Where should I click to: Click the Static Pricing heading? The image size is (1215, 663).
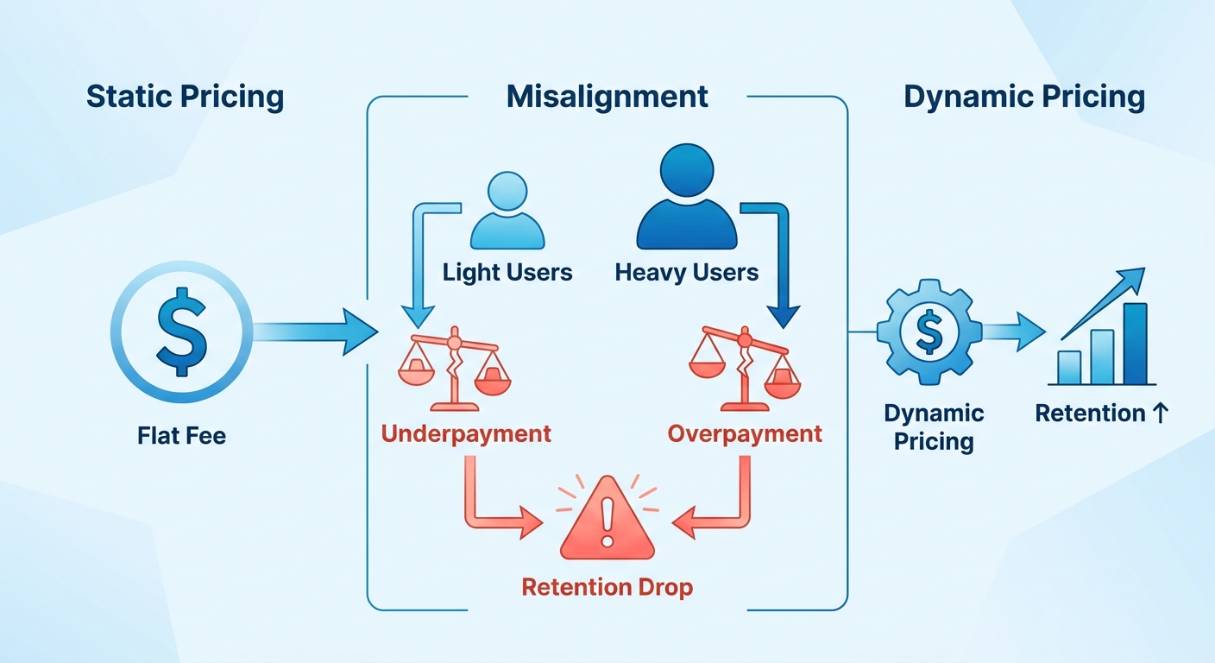pos(185,98)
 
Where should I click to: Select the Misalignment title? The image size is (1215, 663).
pos(607,97)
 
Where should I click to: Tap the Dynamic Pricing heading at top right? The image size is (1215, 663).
pos(1024,98)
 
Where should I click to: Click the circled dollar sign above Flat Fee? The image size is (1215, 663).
pos(182,331)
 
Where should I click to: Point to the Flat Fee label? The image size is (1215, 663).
pos(182,435)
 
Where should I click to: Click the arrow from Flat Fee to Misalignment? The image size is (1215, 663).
pos(316,331)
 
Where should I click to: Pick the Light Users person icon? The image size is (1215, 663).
pos(507,211)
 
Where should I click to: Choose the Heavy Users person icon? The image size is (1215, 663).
pos(687,197)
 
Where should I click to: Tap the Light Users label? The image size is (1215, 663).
pos(507,272)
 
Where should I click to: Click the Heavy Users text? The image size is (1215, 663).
pos(687,272)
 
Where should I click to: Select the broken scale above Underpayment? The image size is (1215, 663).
pos(455,369)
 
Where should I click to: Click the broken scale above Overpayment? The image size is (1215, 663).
pos(745,369)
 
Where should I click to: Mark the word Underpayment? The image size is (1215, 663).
pos(466,434)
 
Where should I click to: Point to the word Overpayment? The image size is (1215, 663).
pos(745,434)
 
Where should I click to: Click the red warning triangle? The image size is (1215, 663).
pos(607,518)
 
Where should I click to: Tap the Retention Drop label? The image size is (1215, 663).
pos(607,587)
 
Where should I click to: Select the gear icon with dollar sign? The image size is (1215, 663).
pos(929,331)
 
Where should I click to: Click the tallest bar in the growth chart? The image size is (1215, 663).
pos(1136,344)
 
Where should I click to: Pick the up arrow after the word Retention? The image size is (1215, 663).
pos(1161,413)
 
